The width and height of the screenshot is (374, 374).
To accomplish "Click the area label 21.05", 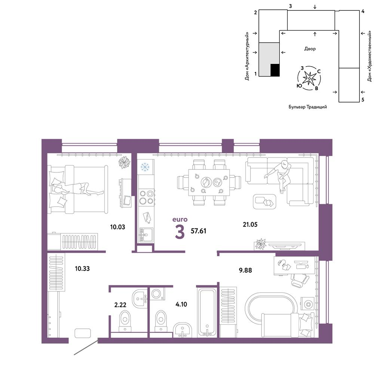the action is pos(250,224).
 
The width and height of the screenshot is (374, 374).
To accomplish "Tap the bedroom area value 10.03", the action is pos(117,227).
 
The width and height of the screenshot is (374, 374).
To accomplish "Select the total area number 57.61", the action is pos(199,231).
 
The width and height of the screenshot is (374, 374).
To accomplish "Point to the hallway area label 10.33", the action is pos(82,269).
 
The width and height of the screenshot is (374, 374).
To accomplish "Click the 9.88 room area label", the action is pos(245,270).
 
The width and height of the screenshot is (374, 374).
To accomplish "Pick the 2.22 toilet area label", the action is pos(120,304).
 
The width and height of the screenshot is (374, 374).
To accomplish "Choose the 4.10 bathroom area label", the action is pos(181,304).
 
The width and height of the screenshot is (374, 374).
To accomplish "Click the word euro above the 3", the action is pos(180,220).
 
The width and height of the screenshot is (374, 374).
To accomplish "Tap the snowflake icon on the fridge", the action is pos(145,167).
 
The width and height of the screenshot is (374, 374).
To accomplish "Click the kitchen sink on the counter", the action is pos(146,235).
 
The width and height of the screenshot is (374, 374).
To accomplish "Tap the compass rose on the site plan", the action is pos(309,78).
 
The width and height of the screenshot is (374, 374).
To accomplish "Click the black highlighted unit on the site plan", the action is pos(275,70).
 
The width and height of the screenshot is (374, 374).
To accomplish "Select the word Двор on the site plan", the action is pos(310,49).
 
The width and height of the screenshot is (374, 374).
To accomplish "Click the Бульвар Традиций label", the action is pos(308,107).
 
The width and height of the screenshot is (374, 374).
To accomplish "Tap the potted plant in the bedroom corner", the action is pos(125,162).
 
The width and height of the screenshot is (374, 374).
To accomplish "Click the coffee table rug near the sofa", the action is pos(264,202).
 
